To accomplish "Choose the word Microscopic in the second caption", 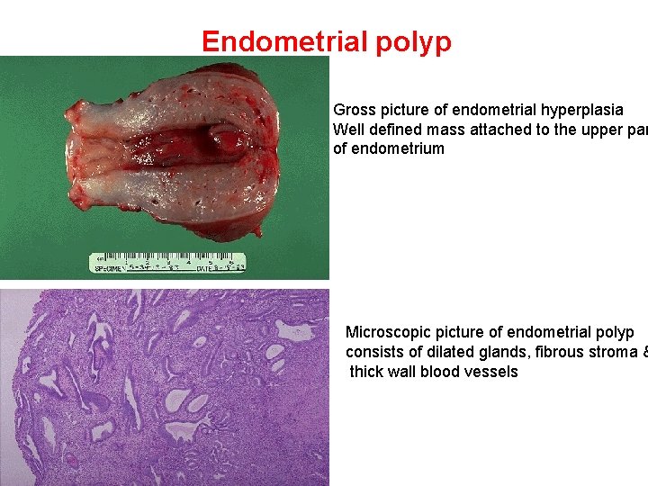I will click(388, 332).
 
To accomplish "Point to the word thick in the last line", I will click(367, 372).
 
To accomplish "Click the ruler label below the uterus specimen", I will click(167, 263).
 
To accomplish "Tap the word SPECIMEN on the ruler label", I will click(109, 268).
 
